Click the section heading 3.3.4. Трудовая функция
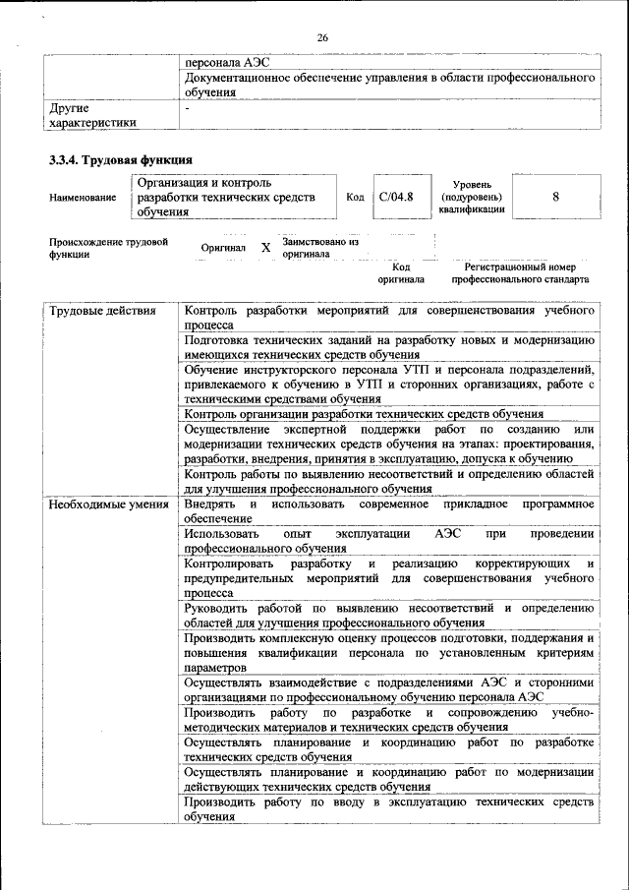coord(120,159)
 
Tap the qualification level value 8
coord(555,197)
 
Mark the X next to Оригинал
coord(265,248)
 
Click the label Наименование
coord(82,198)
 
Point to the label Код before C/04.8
coord(355,197)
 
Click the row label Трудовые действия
coord(102,311)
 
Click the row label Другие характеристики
coord(93,114)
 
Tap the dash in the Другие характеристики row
coord(187,107)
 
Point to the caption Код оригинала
coord(401,272)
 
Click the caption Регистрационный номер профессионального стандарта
coord(520,272)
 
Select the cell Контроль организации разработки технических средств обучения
coord(364,414)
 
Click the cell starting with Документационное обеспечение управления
coord(390,84)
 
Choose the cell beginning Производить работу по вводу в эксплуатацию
coord(390,809)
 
